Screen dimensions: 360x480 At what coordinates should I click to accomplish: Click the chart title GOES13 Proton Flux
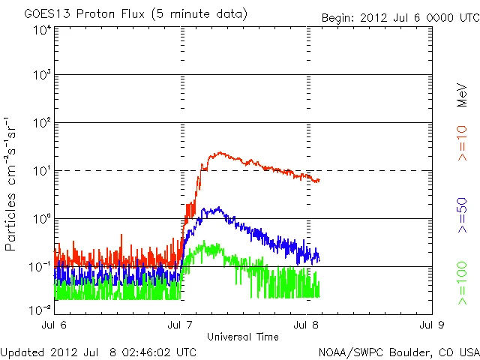click(x=135, y=14)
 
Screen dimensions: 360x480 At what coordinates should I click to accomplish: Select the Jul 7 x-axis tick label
click(x=181, y=325)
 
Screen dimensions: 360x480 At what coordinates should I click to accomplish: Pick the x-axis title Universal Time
click(x=242, y=337)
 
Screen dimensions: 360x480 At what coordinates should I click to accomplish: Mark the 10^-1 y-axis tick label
click(x=40, y=267)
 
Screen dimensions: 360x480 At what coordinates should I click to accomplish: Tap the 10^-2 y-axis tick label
click(x=40, y=309)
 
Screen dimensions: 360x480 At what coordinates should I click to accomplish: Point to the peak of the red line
click(x=218, y=152)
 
